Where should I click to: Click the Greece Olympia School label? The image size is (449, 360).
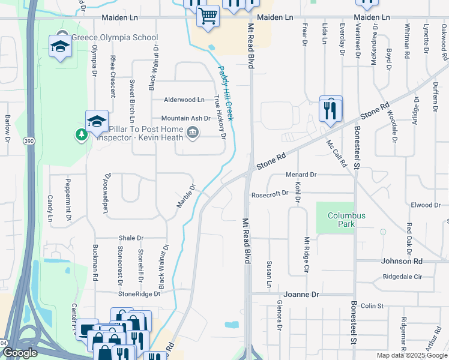tap(115, 37)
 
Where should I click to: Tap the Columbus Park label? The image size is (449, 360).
tap(346, 220)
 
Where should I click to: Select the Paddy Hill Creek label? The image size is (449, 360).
tap(226, 94)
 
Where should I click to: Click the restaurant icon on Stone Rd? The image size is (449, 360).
tap(331, 110)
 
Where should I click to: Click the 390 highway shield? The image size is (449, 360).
tap(29, 140)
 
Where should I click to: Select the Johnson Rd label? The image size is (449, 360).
tap(402, 261)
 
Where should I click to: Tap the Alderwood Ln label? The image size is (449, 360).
tap(184, 100)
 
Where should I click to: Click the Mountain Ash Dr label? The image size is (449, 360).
tap(185, 119)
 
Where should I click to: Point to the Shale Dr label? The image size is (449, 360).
tap(131, 238)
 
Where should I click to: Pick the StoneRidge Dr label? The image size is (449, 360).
tap(139, 294)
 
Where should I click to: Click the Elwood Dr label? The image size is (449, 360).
tap(426, 205)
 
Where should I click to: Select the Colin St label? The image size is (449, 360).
tap(372, 306)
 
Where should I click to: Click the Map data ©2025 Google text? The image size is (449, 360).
tap(411, 355)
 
